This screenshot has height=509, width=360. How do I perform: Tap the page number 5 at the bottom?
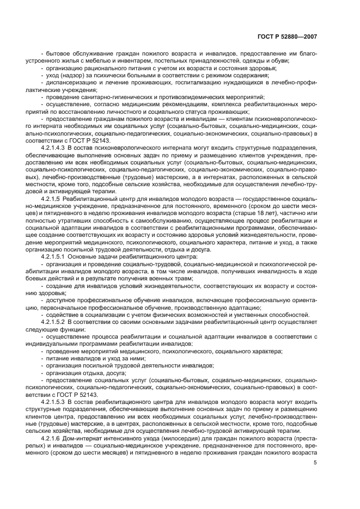tap(315, 463)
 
